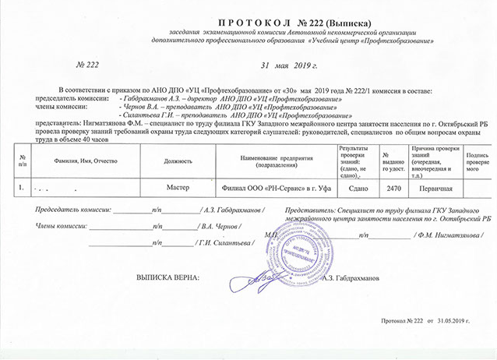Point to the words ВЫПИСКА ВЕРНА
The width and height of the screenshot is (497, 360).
tap(167, 277)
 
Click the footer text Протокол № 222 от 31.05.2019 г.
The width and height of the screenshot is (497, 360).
tap(428, 320)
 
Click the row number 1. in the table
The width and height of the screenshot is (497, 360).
tap(20, 188)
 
